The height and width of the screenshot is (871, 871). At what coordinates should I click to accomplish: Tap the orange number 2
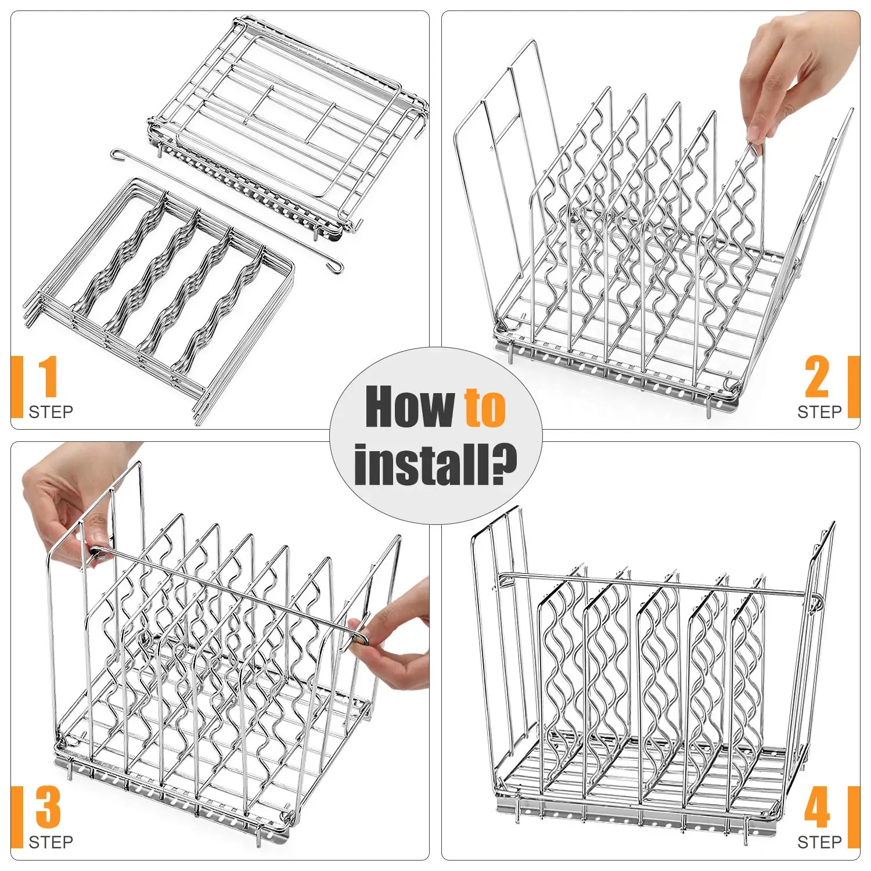tap(817, 377)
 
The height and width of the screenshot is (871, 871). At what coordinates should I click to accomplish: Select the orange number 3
tap(48, 807)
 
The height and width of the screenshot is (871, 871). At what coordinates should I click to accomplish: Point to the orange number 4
tap(817, 807)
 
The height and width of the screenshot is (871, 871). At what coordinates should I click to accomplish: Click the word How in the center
tap(409, 406)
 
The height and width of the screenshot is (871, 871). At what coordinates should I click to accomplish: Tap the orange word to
tap(484, 408)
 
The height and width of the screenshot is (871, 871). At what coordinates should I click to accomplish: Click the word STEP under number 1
tap(51, 412)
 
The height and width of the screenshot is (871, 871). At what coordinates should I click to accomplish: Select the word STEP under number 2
tap(819, 412)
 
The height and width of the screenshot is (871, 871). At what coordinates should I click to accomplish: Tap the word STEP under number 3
tap(51, 842)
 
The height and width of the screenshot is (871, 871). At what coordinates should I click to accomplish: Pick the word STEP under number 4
tap(819, 842)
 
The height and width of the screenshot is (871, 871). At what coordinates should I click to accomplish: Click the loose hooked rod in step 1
tap(226, 212)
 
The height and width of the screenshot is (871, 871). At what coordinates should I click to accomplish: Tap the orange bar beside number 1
tap(17, 387)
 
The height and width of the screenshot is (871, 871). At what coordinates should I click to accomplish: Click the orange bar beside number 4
tap(854, 816)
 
